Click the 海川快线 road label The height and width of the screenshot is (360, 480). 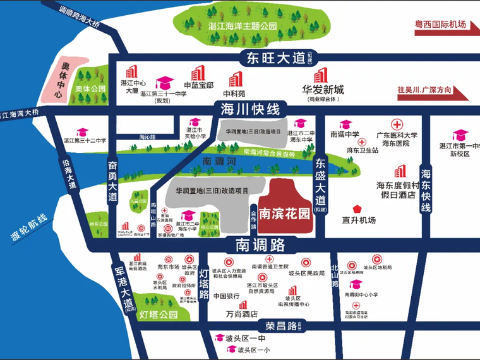pyautogui.click(x=249, y=109)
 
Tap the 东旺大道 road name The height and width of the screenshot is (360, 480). pyautogui.click(x=275, y=58)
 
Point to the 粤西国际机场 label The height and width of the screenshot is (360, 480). pyautogui.click(x=440, y=25)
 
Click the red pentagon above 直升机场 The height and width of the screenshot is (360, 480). pyautogui.click(x=357, y=208)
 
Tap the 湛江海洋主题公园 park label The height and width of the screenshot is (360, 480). pyautogui.click(x=243, y=27)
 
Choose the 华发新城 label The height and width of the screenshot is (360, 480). pyautogui.click(x=323, y=89)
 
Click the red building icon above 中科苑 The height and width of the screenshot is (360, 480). pyautogui.click(x=235, y=79)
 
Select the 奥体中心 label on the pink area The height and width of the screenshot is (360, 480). pyautogui.click(x=60, y=80)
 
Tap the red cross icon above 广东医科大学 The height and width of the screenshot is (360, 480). pyautogui.click(x=397, y=124)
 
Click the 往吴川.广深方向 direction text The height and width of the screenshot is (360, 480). pyautogui.click(x=424, y=90)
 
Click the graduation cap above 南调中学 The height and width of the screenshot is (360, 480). pyautogui.click(x=344, y=124)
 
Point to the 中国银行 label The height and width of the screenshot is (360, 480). pyautogui.click(x=226, y=296)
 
